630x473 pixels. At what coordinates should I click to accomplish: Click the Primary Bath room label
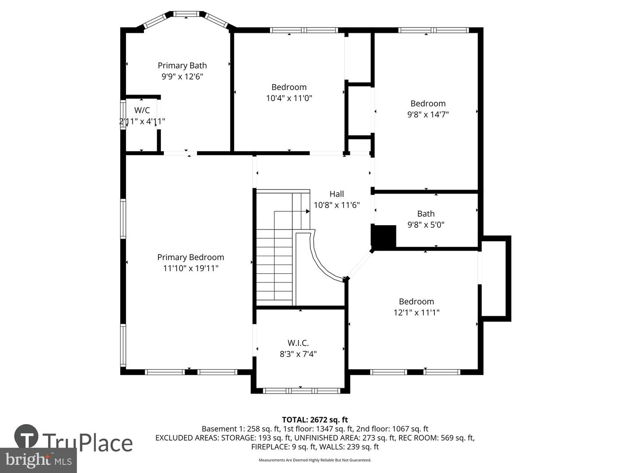click(182, 66)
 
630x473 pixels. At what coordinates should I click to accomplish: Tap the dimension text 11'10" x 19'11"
click(190, 268)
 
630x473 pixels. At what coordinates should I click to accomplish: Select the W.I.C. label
click(298, 343)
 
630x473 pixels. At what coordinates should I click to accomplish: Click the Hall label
click(336, 194)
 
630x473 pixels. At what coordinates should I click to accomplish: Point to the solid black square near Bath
click(383, 237)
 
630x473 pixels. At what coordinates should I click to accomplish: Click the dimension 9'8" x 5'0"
click(426, 225)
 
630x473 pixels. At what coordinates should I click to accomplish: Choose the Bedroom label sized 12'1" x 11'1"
click(416, 301)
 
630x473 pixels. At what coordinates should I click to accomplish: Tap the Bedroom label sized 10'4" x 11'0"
click(289, 87)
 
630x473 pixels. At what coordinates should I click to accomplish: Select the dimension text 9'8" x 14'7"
click(428, 114)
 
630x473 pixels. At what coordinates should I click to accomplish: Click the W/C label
click(142, 110)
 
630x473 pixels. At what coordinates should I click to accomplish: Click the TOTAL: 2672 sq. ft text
click(315, 420)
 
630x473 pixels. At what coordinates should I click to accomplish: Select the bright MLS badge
click(38, 460)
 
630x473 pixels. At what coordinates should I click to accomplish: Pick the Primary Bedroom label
click(190, 258)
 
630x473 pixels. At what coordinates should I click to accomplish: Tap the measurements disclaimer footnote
click(315, 460)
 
